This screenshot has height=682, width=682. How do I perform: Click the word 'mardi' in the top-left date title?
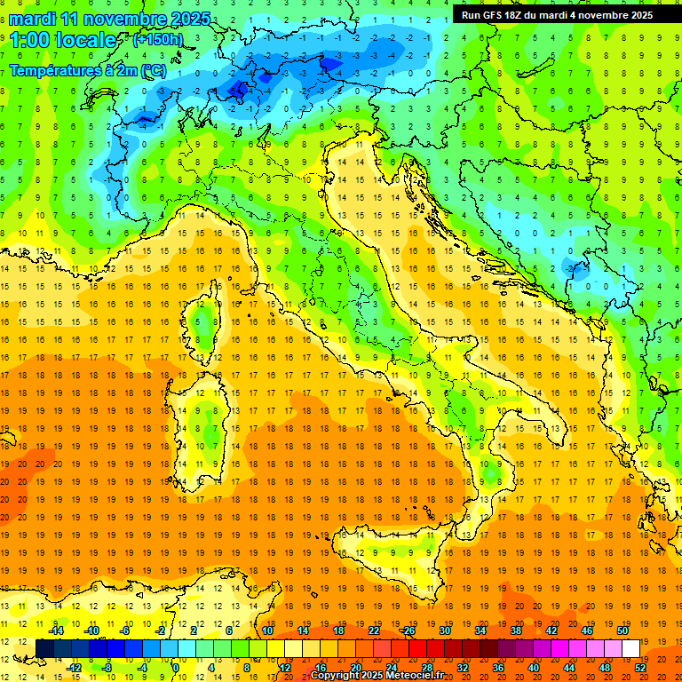pos(33,19)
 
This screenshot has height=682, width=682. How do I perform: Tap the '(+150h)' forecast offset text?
pos(157,40)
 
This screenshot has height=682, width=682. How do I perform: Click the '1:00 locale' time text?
pos(62,40)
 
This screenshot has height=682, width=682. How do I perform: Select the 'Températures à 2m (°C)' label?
pos(86,70)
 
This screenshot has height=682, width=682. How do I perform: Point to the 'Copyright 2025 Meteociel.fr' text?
pos(377,676)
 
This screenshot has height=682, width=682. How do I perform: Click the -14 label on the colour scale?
pos(57,630)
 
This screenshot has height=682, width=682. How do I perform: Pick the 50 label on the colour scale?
pos(622,630)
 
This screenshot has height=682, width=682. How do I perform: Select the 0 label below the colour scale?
pos(175,668)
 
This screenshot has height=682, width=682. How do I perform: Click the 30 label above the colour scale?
pos(444,630)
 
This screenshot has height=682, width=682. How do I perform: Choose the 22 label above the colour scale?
pos(373,630)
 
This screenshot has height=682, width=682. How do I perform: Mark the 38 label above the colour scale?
pos(515,630)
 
